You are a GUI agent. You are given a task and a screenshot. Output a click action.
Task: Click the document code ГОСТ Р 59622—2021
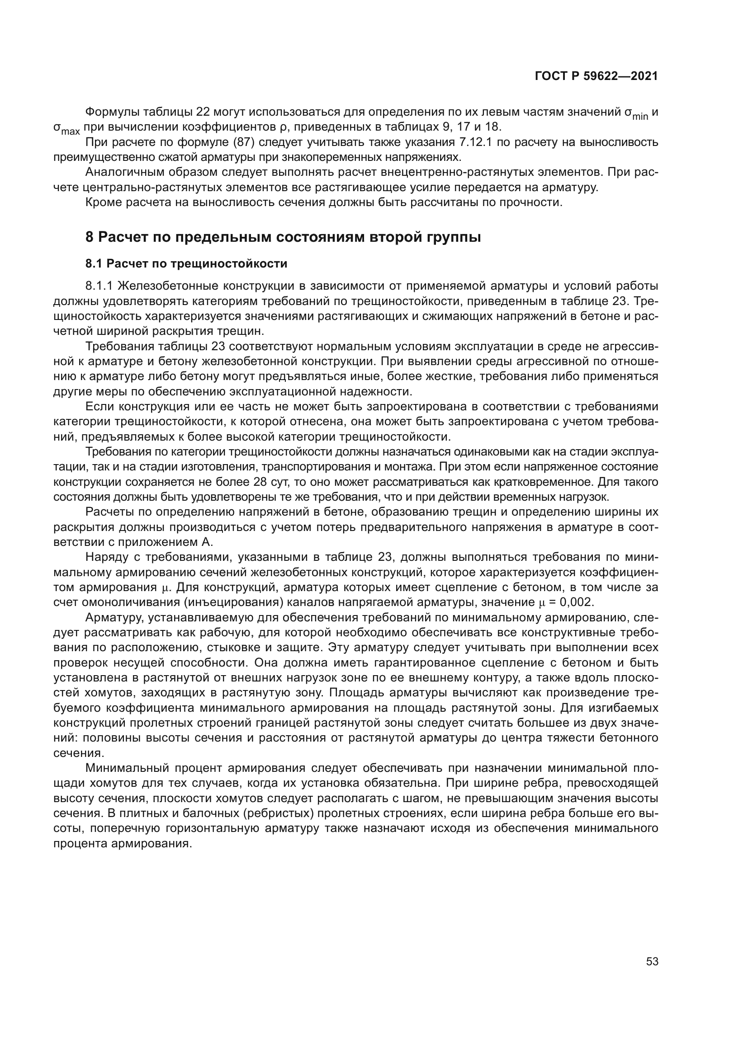[x=596, y=76]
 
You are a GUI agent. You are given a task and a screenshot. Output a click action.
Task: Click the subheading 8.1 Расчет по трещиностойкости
[x=186, y=264]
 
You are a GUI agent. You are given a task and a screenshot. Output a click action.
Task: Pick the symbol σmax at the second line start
[x=66, y=129]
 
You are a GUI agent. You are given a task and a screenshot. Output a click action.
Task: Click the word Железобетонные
[x=168, y=286]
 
